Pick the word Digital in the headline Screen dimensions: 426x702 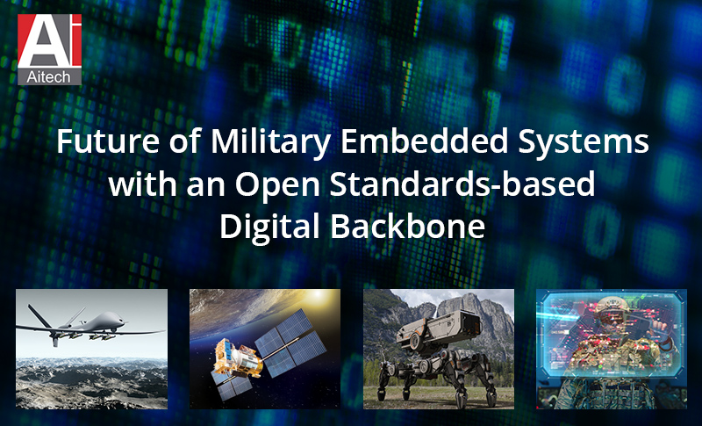(268, 226)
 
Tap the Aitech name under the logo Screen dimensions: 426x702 (49, 77)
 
